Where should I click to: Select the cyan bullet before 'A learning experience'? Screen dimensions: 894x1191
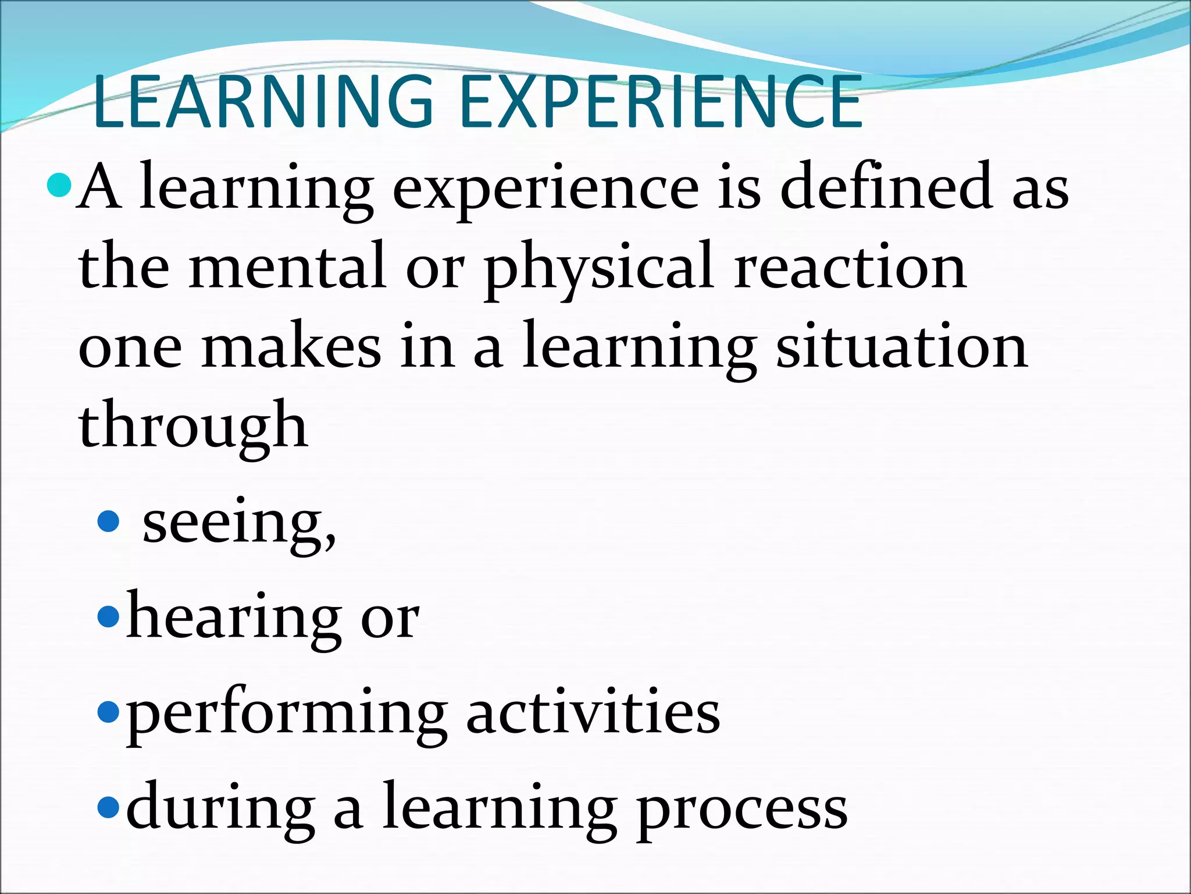click(x=59, y=186)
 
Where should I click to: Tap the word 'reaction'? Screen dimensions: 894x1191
click(x=850, y=267)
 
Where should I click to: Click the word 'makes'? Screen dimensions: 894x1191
click(x=291, y=346)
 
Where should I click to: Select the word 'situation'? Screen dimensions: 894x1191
click(x=902, y=346)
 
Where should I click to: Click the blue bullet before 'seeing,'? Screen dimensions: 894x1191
click(x=109, y=521)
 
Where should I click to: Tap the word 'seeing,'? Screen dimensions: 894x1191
click(x=239, y=523)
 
